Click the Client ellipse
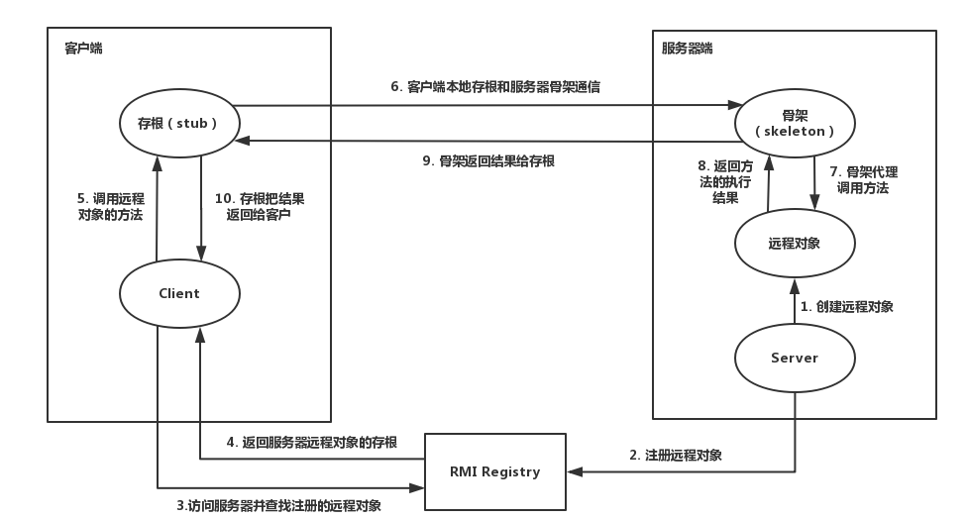tap(178, 293)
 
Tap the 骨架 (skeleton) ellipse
tap(794, 123)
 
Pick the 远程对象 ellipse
tap(794, 243)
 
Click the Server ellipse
tap(794, 358)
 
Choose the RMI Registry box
tap(495, 471)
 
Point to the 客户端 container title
tap(83, 47)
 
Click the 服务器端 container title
tap(688, 48)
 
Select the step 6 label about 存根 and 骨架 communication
tap(494, 87)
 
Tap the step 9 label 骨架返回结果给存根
tap(495, 160)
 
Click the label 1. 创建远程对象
tap(847, 306)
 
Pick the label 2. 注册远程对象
tap(676, 456)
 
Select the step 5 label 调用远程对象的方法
tap(110, 205)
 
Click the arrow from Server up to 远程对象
tap(794, 302)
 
